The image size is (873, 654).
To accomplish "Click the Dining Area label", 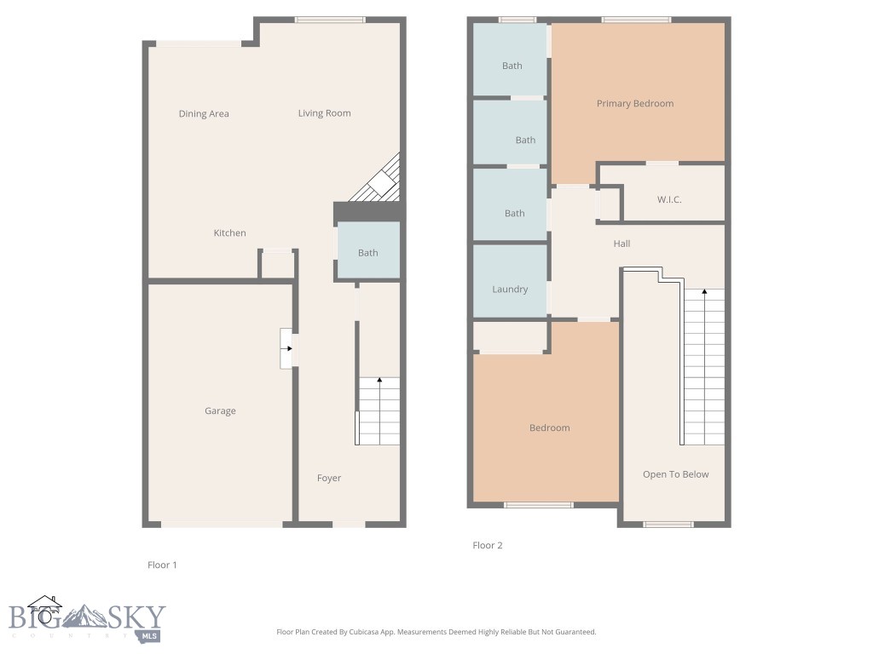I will point(204,114).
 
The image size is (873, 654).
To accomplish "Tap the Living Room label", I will point(324,113).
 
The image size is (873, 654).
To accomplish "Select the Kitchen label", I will point(229,233).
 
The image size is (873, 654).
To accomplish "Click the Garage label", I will point(220,411).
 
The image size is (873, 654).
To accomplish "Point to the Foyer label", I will point(329,479).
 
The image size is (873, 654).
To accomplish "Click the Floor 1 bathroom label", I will point(367,253).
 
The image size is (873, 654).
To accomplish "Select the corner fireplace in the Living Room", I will point(380,182).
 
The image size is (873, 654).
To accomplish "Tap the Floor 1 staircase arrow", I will point(379,381).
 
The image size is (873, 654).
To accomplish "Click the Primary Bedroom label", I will point(635,104).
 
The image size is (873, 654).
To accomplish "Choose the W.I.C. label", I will point(669,200).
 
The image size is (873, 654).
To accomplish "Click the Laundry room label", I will point(510,290).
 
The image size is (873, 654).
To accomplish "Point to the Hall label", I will point(622,244).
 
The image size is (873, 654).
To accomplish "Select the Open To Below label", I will point(675,475).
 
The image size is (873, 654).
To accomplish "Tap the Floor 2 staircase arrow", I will point(705,293).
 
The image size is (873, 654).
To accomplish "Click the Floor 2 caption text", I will point(488,546).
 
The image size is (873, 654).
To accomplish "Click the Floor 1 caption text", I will point(162,565).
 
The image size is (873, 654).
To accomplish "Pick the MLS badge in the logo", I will point(149,634).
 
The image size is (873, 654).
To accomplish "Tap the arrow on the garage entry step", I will point(289,347).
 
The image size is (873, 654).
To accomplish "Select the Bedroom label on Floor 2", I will point(549,428).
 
